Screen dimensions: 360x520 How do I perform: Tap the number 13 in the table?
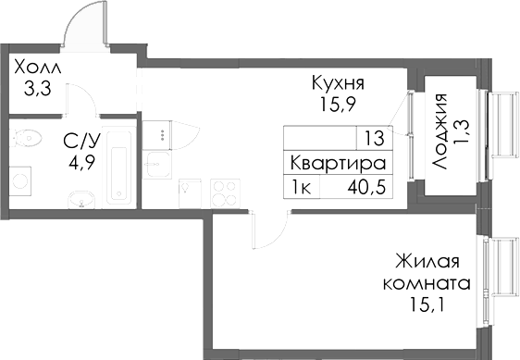(374, 140)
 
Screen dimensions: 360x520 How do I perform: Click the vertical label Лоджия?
(441, 130)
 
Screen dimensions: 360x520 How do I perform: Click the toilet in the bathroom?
(28, 140)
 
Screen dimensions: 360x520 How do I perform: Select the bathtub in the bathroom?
(117, 167)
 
